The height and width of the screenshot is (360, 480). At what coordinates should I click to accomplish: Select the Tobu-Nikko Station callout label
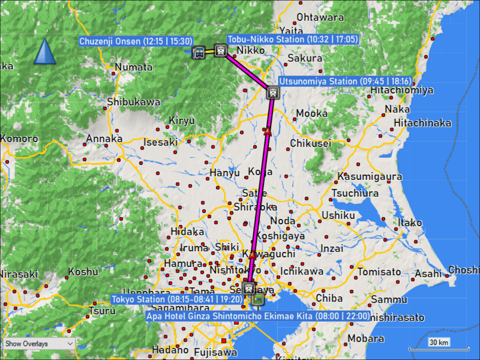pos(292,39)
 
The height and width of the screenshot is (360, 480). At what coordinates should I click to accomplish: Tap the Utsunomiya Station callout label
pos(345,81)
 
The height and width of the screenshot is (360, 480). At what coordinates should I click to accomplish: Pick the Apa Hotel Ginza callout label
pos(258,316)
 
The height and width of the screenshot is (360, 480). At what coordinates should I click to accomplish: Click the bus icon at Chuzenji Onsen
pos(198,52)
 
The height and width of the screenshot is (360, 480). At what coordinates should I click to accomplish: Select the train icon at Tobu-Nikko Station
pos(220,50)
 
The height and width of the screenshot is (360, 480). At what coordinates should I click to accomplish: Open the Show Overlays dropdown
pos(39,344)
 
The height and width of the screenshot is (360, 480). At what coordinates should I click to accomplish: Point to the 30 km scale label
pos(439,342)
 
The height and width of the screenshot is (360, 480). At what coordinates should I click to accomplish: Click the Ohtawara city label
pos(320,17)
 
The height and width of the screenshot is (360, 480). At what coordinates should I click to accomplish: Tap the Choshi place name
pos(464,270)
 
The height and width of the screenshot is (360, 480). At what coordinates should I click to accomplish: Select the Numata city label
pos(134,67)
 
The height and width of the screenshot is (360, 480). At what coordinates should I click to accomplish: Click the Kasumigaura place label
pos(370,176)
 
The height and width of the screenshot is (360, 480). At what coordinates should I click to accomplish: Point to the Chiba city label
pos(329,298)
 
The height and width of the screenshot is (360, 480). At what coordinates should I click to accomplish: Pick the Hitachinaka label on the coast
pos(422,123)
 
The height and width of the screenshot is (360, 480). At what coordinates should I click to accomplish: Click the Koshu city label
pos(83,272)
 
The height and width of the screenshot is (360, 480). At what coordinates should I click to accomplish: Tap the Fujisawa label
pos(216,352)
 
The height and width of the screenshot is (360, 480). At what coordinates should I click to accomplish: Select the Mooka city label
pos(312,113)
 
